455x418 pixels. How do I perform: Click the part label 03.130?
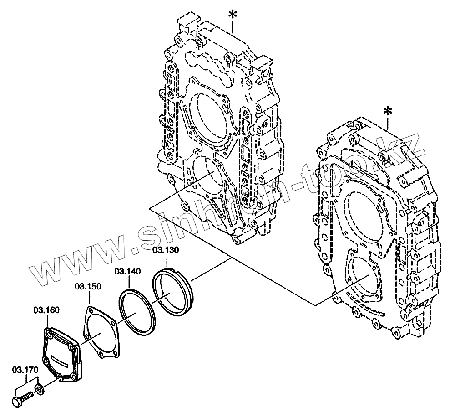pos(166,250)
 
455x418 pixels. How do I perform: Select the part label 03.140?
pos(127,271)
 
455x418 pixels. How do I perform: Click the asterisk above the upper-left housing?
pos(233,15)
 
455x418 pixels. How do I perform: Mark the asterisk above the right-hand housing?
pos(388,112)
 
